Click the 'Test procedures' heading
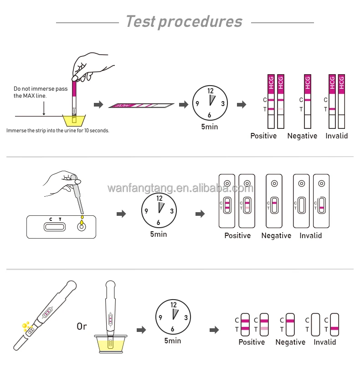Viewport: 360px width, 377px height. (184, 21)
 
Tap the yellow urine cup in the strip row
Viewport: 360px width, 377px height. (74, 120)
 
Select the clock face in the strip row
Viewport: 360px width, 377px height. (210, 103)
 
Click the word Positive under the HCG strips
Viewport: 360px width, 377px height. (263, 136)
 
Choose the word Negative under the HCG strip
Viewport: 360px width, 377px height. (302, 136)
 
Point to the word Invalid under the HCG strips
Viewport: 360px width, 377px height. (337, 136)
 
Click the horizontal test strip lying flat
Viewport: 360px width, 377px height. (141, 106)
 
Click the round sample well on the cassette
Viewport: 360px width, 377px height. (82, 226)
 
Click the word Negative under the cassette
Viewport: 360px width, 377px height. (276, 235)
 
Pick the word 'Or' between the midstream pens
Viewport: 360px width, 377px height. (82, 326)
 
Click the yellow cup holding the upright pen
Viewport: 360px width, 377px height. (110, 344)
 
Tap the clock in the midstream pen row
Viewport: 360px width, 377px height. (173, 317)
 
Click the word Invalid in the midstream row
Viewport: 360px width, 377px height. (325, 342)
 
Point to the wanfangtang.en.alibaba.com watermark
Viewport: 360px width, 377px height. (180, 188)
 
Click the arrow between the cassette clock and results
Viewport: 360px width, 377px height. (200, 214)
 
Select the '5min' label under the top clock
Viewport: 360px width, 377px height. (210, 127)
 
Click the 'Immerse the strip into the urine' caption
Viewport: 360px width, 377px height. (58, 131)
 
